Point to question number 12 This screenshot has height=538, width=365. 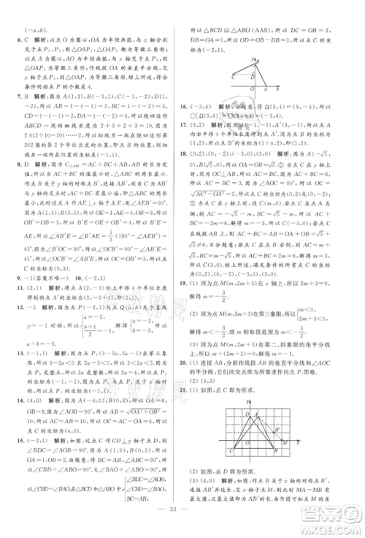pos(11,328)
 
